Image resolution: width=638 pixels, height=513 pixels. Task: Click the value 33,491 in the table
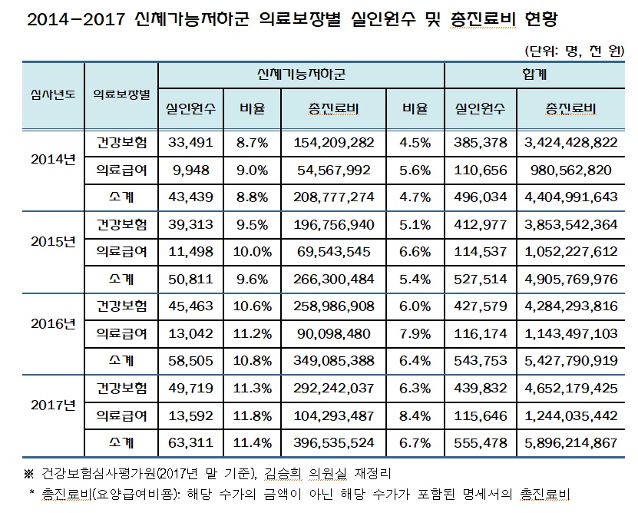click(x=189, y=143)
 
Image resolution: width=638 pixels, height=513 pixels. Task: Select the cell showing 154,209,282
click(x=332, y=143)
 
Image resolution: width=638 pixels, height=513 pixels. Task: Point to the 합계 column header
click(x=534, y=74)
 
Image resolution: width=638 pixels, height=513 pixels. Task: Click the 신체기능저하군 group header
click(x=301, y=74)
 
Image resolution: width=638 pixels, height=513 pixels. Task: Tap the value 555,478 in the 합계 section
click(x=481, y=444)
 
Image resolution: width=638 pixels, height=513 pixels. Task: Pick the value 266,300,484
click(x=332, y=280)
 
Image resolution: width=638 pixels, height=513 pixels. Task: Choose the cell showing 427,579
click(x=481, y=306)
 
